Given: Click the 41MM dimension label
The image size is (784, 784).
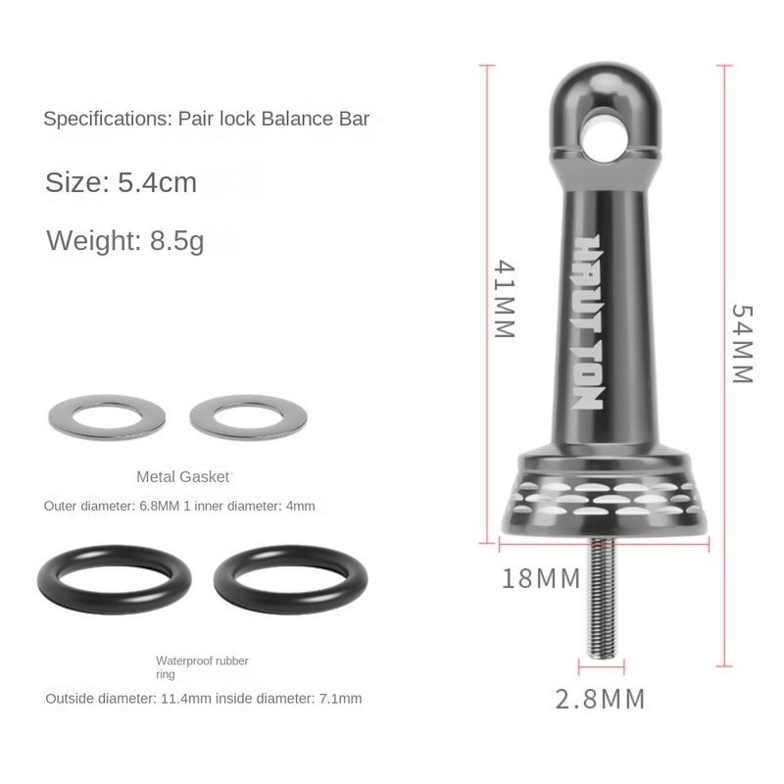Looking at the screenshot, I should tap(504, 299).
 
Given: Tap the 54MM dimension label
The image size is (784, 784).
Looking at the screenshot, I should tap(742, 342).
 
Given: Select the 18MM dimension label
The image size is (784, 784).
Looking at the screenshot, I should tap(542, 578).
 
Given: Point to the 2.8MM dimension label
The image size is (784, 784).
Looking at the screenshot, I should tap(600, 699).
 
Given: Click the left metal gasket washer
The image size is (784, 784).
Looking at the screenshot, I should tap(106, 418).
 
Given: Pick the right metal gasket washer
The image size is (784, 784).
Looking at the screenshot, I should tap(248, 418).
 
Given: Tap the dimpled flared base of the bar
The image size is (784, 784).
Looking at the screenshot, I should tap(599, 501).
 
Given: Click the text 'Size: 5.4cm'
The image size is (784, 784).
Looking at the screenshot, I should tap(121, 182).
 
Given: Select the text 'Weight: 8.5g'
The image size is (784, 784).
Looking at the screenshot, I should tap(124, 240).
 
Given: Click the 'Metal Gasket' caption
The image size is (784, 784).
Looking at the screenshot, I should tap(183, 477).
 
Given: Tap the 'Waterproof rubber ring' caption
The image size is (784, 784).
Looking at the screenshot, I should tap(202, 667).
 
